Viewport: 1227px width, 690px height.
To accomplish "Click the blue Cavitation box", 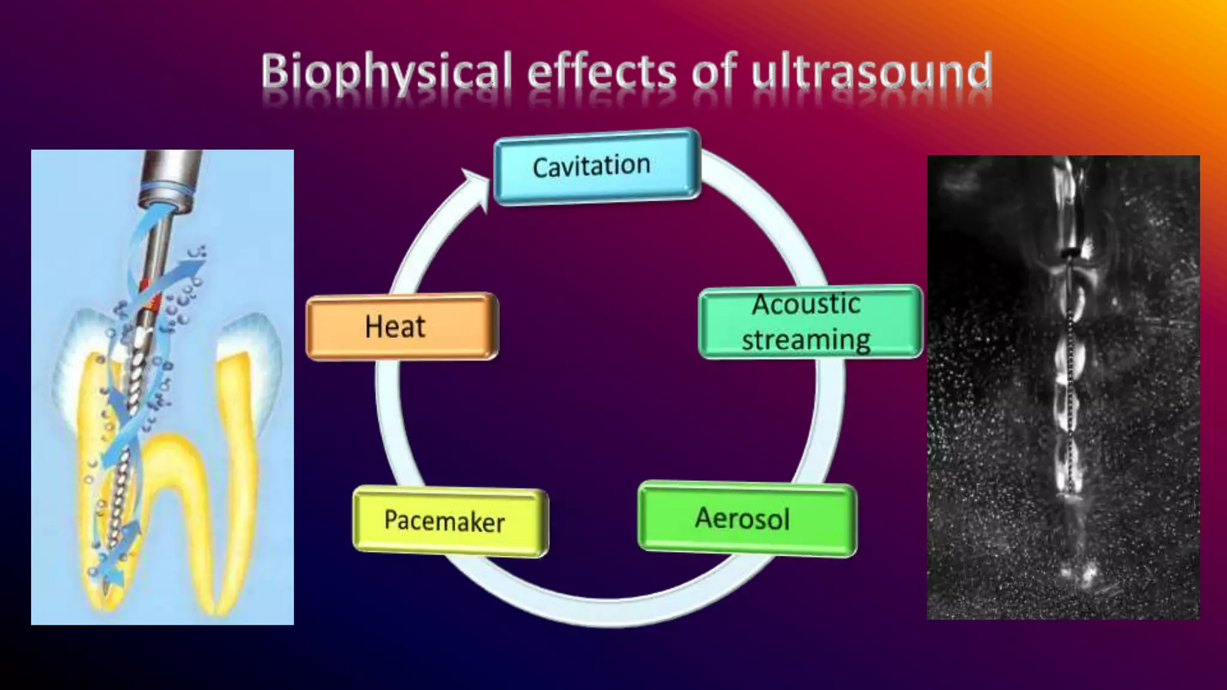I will click(597, 167).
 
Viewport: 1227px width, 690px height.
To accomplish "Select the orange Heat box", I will click(401, 326).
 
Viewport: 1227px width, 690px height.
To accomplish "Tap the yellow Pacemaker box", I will click(449, 521).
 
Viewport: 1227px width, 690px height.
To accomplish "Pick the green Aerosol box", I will click(747, 519).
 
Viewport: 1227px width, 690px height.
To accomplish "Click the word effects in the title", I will click(602, 72).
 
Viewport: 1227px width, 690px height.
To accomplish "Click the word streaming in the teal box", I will click(806, 340).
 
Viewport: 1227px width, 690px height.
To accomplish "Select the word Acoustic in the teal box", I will click(806, 304).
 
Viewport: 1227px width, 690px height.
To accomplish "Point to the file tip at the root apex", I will click(106, 590).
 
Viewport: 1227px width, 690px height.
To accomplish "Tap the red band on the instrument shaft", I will click(154, 302).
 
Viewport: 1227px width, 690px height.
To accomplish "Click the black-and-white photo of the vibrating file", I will click(1063, 387).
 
